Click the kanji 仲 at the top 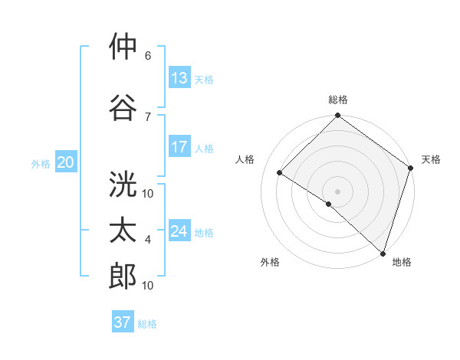(123, 47)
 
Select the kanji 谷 (123, 107)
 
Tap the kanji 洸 (123, 185)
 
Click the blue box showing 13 (179, 78)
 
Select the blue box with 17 (179, 147)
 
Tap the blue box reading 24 (179, 231)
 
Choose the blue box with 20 (66, 162)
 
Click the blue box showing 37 (123, 322)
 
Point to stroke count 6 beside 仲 (148, 56)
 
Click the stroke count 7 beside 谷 (148, 116)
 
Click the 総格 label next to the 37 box (147, 324)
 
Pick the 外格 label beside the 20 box (41, 163)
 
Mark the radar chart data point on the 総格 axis (337, 116)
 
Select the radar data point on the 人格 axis (280, 173)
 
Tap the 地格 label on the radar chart (402, 262)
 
